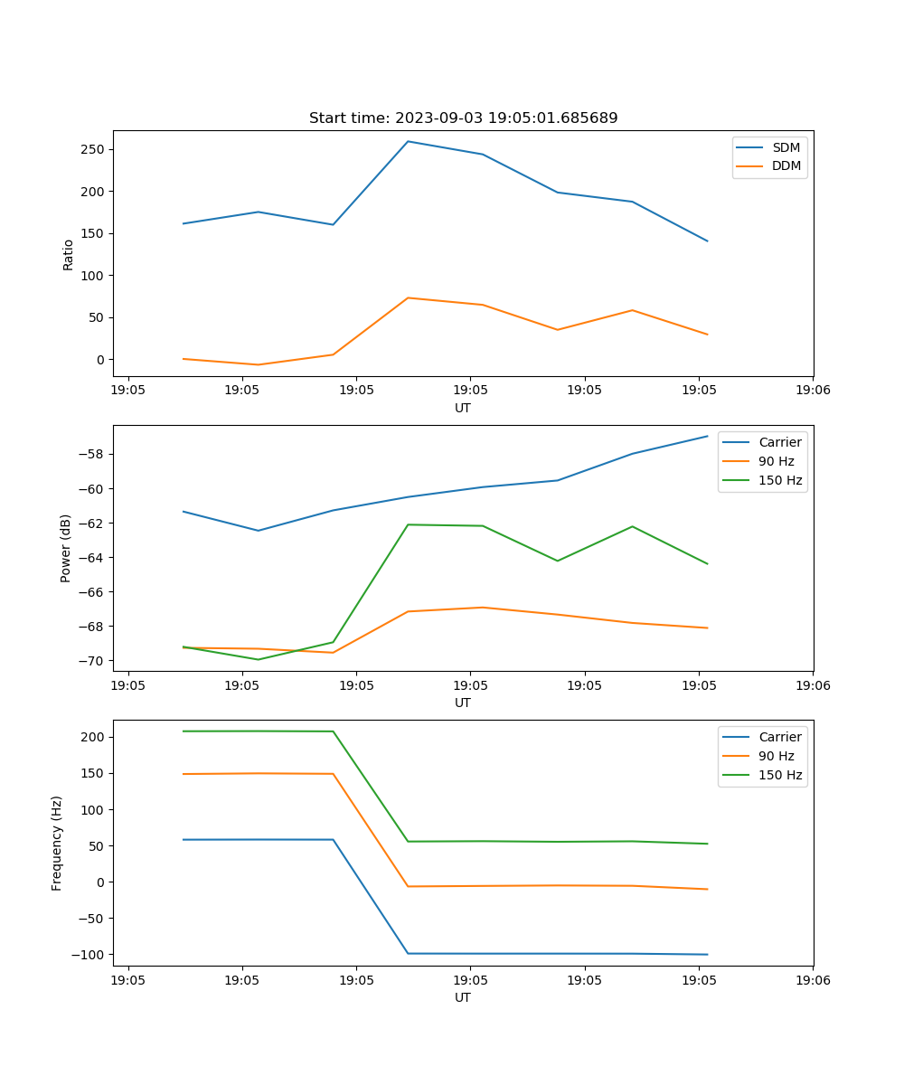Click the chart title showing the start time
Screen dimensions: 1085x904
coord(463,118)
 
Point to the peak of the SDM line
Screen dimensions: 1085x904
coord(408,141)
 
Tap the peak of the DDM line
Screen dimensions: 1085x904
coord(408,297)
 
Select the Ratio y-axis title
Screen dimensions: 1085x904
coord(69,254)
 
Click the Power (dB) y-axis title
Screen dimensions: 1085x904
coord(66,548)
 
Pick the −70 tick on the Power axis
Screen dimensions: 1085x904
coord(93,661)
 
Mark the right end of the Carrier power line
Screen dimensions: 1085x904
coord(708,436)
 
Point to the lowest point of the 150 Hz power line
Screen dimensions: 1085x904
coord(259,659)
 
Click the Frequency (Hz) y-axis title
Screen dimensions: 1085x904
coord(57,843)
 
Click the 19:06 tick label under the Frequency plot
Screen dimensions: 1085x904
coord(812,980)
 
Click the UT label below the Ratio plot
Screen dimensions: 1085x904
coord(463,408)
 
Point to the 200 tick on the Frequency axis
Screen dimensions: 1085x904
coord(93,737)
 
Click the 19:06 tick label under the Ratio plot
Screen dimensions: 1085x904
coord(812,391)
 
